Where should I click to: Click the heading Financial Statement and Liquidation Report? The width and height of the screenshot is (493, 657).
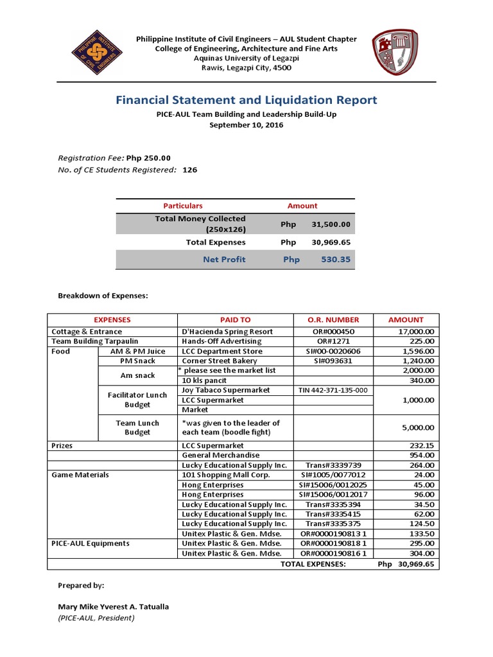click(246, 100)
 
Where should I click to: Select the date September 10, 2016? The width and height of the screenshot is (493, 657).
click(246, 125)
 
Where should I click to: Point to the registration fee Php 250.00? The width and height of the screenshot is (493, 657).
click(148, 158)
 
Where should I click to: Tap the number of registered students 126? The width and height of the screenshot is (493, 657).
click(190, 170)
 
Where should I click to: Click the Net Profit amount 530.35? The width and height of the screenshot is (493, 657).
click(336, 259)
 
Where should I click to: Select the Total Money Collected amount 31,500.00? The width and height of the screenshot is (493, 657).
click(331, 225)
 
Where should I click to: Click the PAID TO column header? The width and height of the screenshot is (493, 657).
click(235, 320)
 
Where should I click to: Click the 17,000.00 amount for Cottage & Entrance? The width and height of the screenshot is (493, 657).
click(414, 332)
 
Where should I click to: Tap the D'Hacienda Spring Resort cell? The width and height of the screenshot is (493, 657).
click(219, 332)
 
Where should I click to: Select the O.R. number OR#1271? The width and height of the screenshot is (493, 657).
click(331, 341)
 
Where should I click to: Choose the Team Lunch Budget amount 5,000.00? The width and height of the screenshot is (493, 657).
click(418, 427)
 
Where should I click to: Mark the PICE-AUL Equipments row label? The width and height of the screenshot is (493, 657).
click(91, 543)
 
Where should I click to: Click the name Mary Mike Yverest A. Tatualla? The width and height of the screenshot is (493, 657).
click(114, 606)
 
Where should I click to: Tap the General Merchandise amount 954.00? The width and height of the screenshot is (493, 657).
click(422, 455)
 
